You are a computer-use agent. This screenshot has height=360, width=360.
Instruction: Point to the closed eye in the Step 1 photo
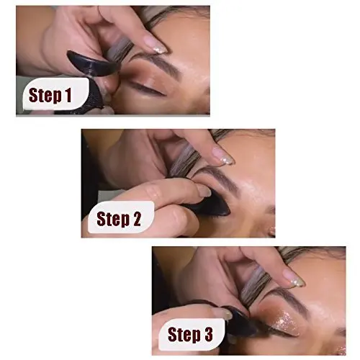tap(148, 89)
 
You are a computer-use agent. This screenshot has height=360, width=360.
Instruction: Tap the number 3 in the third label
tap(210, 333)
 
